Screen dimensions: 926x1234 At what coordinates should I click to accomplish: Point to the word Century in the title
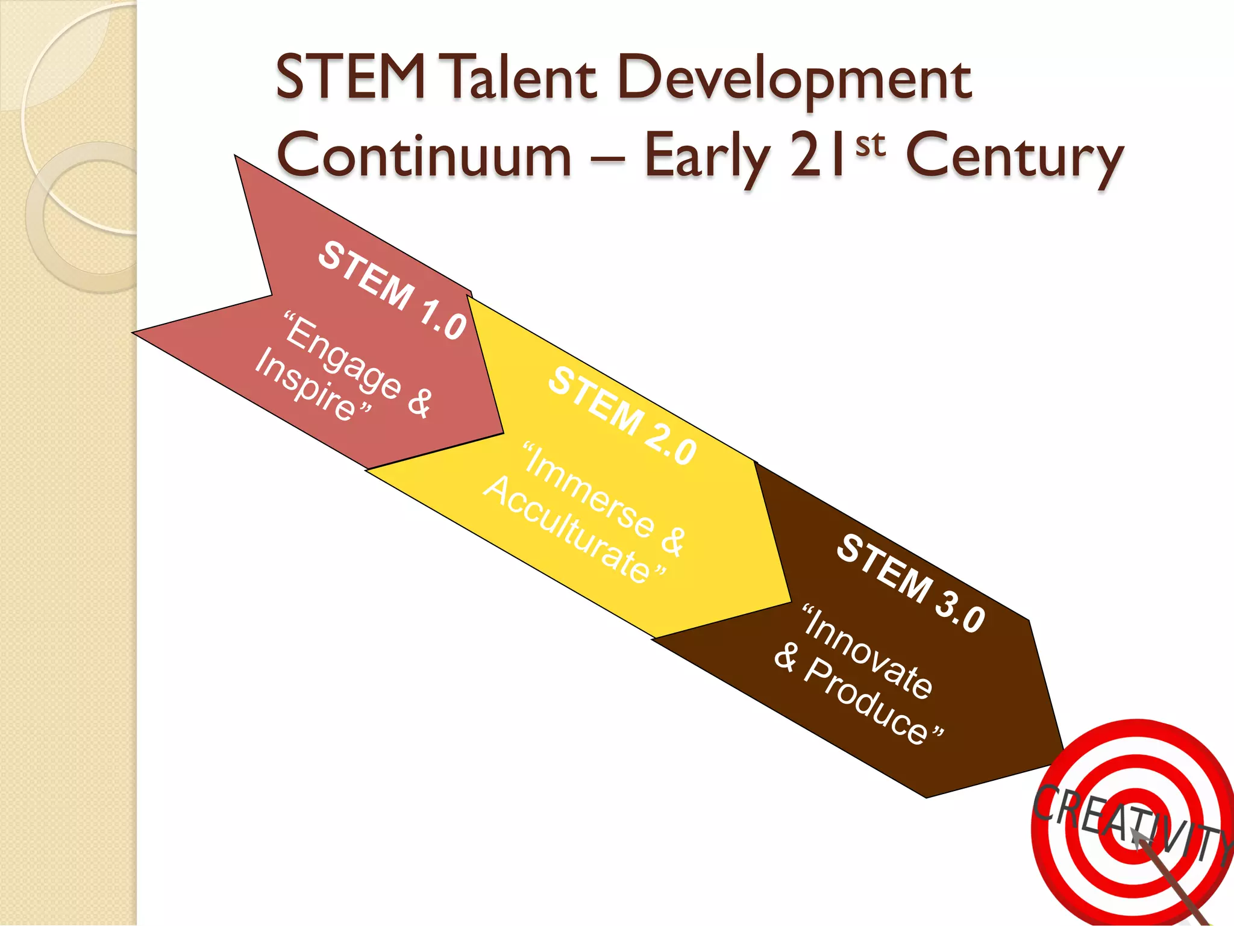1015,158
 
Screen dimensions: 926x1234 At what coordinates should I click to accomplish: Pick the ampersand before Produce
786,657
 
